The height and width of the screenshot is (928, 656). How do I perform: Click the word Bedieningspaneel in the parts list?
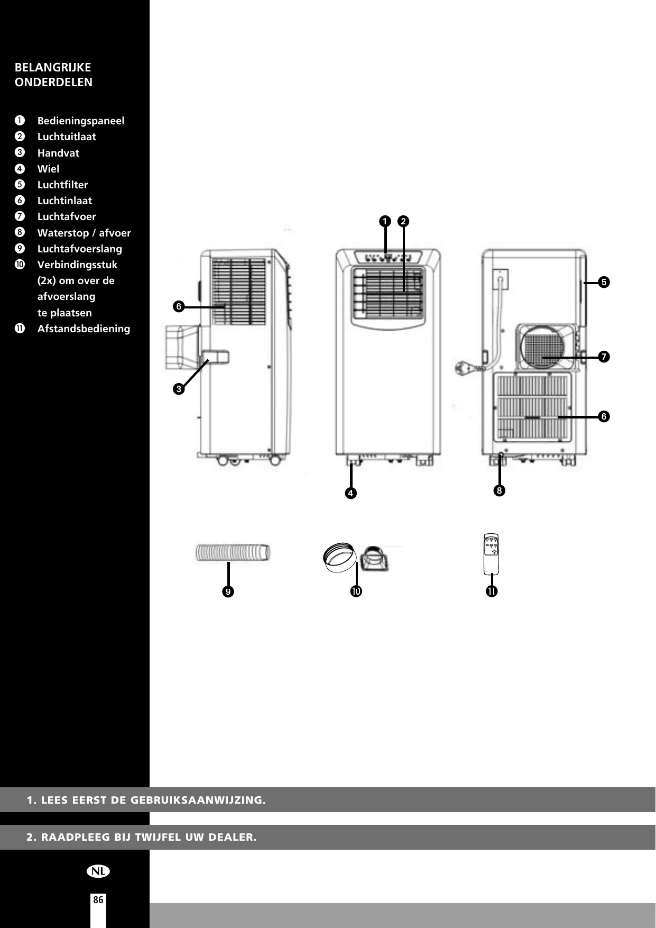(x=81, y=121)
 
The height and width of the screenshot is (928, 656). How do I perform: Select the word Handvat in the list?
(x=58, y=153)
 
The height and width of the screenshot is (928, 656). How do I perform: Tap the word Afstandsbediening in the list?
(x=84, y=329)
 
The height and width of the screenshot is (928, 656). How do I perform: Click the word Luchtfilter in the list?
(x=62, y=185)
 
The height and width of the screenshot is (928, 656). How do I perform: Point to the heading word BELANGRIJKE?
(x=53, y=67)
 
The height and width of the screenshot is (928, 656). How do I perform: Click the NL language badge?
(x=98, y=871)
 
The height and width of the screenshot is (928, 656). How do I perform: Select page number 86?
(x=98, y=900)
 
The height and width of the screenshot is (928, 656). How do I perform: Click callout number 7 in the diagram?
(x=604, y=357)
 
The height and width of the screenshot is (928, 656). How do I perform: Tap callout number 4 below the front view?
(x=350, y=493)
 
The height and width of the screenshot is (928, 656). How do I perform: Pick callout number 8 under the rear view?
(x=498, y=490)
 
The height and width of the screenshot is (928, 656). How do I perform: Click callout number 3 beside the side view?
(x=179, y=389)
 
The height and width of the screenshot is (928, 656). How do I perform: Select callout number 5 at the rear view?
(x=604, y=282)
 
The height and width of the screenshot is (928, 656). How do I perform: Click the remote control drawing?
(x=491, y=553)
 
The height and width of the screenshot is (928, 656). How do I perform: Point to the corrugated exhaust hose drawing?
(x=233, y=552)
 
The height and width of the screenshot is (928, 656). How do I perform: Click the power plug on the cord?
(x=461, y=367)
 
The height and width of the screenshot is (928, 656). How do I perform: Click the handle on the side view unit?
(x=216, y=357)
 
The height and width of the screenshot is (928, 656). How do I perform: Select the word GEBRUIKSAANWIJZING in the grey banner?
(x=198, y=800)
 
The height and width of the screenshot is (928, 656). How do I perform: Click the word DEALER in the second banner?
(x=233, y=838)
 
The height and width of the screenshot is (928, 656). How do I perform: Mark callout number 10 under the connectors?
(x=356, y=591)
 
